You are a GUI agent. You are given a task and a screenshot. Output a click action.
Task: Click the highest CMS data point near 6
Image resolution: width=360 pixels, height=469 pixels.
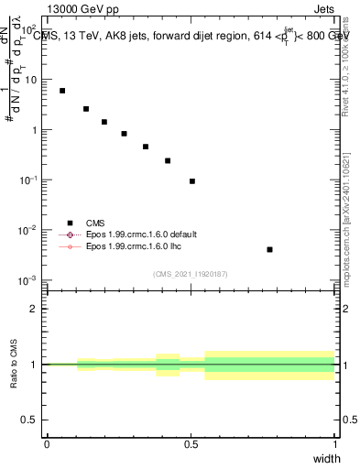coord(62,91)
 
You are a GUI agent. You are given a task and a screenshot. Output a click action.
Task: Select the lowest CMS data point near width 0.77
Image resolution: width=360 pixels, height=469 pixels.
coord(269,249)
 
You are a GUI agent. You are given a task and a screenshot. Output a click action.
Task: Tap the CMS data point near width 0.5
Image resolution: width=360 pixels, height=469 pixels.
coord(192,181)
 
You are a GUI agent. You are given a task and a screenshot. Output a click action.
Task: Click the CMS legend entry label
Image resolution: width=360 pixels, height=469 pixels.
coord(95,223)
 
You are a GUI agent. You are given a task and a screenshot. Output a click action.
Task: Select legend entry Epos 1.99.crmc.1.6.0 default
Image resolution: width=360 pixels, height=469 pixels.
coord(141,234)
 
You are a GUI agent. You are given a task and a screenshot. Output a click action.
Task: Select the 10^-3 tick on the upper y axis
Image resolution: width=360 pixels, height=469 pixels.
coord(28,279)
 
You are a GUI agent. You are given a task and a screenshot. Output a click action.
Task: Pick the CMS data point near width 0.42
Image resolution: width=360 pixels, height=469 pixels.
coord(168,160)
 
